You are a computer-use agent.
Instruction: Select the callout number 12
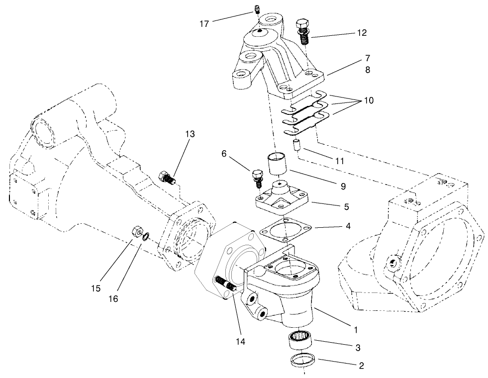362,33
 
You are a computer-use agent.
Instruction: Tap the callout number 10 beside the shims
369,100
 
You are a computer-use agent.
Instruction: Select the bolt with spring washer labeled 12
302,31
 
